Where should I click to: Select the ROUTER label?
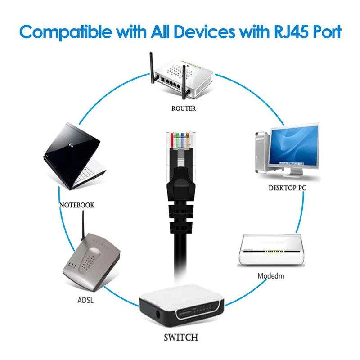184,108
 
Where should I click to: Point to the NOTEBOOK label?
77,205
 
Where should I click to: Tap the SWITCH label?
182,337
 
